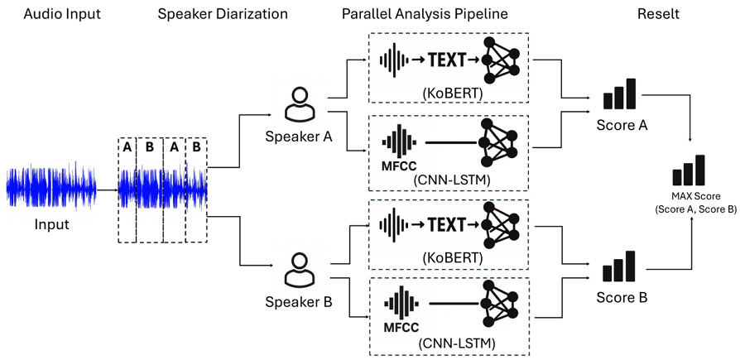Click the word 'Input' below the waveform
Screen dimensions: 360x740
pos(51,224)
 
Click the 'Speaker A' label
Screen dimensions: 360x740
pos(299,136)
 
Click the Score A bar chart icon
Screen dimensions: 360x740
pos(620,94)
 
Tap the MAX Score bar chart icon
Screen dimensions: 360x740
pos(689,170)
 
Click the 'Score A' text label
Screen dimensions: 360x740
pos(621,126)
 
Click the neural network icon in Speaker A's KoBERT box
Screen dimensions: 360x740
pos(503,60)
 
